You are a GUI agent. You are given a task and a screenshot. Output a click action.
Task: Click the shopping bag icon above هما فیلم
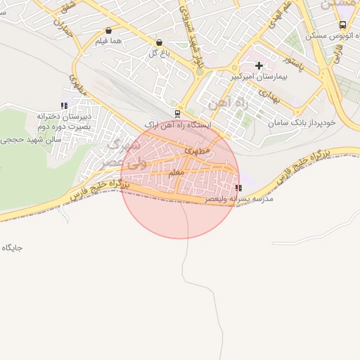coord(108,31)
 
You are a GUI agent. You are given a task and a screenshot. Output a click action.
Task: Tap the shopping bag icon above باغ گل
coord(159,42)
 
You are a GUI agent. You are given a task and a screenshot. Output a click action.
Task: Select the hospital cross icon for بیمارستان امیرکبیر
coord(259,65)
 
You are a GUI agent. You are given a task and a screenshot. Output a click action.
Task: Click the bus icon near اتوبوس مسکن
coord(342,25)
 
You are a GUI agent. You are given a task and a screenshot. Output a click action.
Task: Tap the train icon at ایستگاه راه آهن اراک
coord(176,113)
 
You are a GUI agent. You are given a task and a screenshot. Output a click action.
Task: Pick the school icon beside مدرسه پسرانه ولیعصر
coord(239,188)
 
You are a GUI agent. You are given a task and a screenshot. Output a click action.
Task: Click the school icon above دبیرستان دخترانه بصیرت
coord(64,106)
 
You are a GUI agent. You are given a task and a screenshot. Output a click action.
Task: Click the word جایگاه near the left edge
coord(13,247)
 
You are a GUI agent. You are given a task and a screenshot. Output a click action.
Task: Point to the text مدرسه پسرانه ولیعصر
coord(238,200)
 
